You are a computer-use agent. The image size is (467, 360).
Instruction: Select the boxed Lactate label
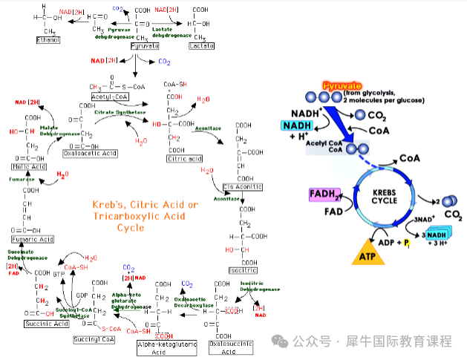tap(200, 45)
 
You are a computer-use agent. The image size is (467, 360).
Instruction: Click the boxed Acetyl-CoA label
tap(111, 97)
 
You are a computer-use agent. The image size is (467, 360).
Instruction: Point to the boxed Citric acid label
tap(185, 158)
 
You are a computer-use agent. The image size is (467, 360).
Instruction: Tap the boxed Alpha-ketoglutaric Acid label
tap(161, 347)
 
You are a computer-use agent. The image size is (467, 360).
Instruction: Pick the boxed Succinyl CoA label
tap(94, 339)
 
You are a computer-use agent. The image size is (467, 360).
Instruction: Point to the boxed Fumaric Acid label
tap(32, 239)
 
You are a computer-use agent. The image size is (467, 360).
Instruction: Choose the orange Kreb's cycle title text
tap(145, 215)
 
